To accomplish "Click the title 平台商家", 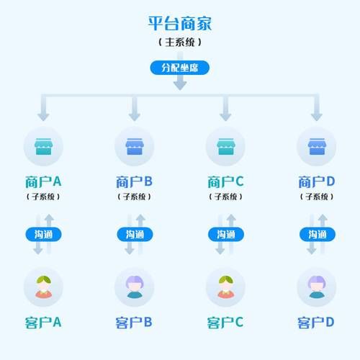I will click(180, 23).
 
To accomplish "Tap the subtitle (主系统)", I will click(180, 42).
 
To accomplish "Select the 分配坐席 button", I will click(180, 67).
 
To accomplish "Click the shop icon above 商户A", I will click(43, 147).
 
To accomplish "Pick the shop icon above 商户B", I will click(135, 147).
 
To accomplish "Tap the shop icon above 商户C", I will click(225, 147).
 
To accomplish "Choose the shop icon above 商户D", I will click(317, 147).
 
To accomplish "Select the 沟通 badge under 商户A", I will click(43, 234).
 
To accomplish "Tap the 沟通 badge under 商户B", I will click(135, 234).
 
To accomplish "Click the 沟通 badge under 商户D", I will click(317, 234).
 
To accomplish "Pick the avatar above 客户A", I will click(43, 287).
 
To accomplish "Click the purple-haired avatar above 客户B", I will click(135, 287).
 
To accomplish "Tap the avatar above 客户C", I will click(225, 287).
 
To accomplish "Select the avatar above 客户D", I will click(317, 287).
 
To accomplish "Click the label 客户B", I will click(135, 322).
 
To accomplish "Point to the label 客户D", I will click(317, 322).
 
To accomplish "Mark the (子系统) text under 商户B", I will click(135, 196).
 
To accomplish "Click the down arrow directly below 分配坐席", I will click(180, 83).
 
